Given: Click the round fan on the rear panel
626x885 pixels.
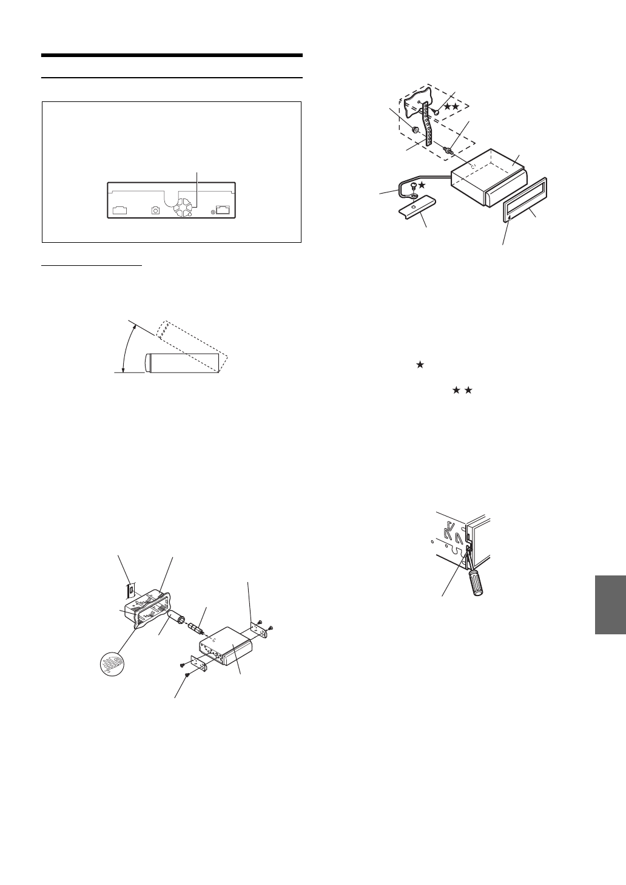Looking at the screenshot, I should pyautogui.click(x=182, y=209).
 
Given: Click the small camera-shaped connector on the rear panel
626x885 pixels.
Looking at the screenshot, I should pyautogui.click(x=156, y=210).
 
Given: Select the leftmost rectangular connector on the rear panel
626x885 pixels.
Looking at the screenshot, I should pyautogui.click(x=119, y=211).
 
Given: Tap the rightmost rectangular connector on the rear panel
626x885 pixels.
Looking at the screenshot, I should pyautogui.click(x=223, y=210).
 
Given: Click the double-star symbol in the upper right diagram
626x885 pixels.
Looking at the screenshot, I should pyautogui.click(x=451, y=106).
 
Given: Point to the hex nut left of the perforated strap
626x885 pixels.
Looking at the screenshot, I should pyautogui.click(x=416, y=130).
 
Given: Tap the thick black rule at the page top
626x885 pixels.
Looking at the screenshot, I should pyautogui.click(x=172, y=55).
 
